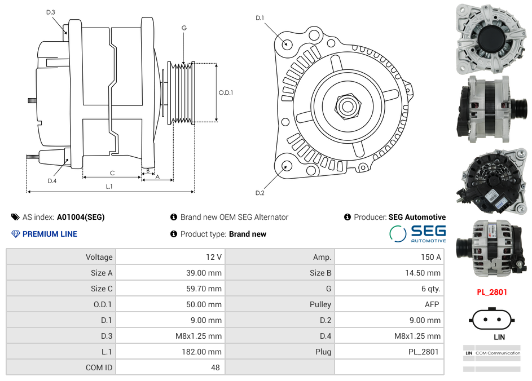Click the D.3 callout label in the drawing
(x=51, y=12)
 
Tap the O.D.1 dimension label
(x=226, y=92)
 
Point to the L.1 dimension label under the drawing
(x=109, y=187)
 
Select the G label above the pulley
(x=184, y=28)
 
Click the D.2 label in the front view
(x=260, y=193)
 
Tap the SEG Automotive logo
(x=417, y=233)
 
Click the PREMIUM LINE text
(x=50, y=234)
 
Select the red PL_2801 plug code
(x=491, y=292)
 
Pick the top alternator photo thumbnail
(x=491, y=38)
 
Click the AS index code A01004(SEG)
(x=81, y=217)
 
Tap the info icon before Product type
(x=174, y=234)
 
